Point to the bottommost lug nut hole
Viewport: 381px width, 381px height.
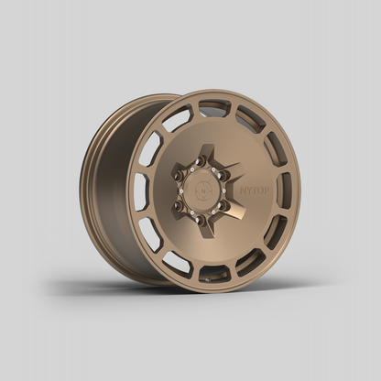(x=201, y=219)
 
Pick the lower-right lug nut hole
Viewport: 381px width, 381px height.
(x=222, y=205)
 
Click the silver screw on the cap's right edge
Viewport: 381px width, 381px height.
(x=218, y=190)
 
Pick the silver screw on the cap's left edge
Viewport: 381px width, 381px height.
(x=184, y=190)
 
